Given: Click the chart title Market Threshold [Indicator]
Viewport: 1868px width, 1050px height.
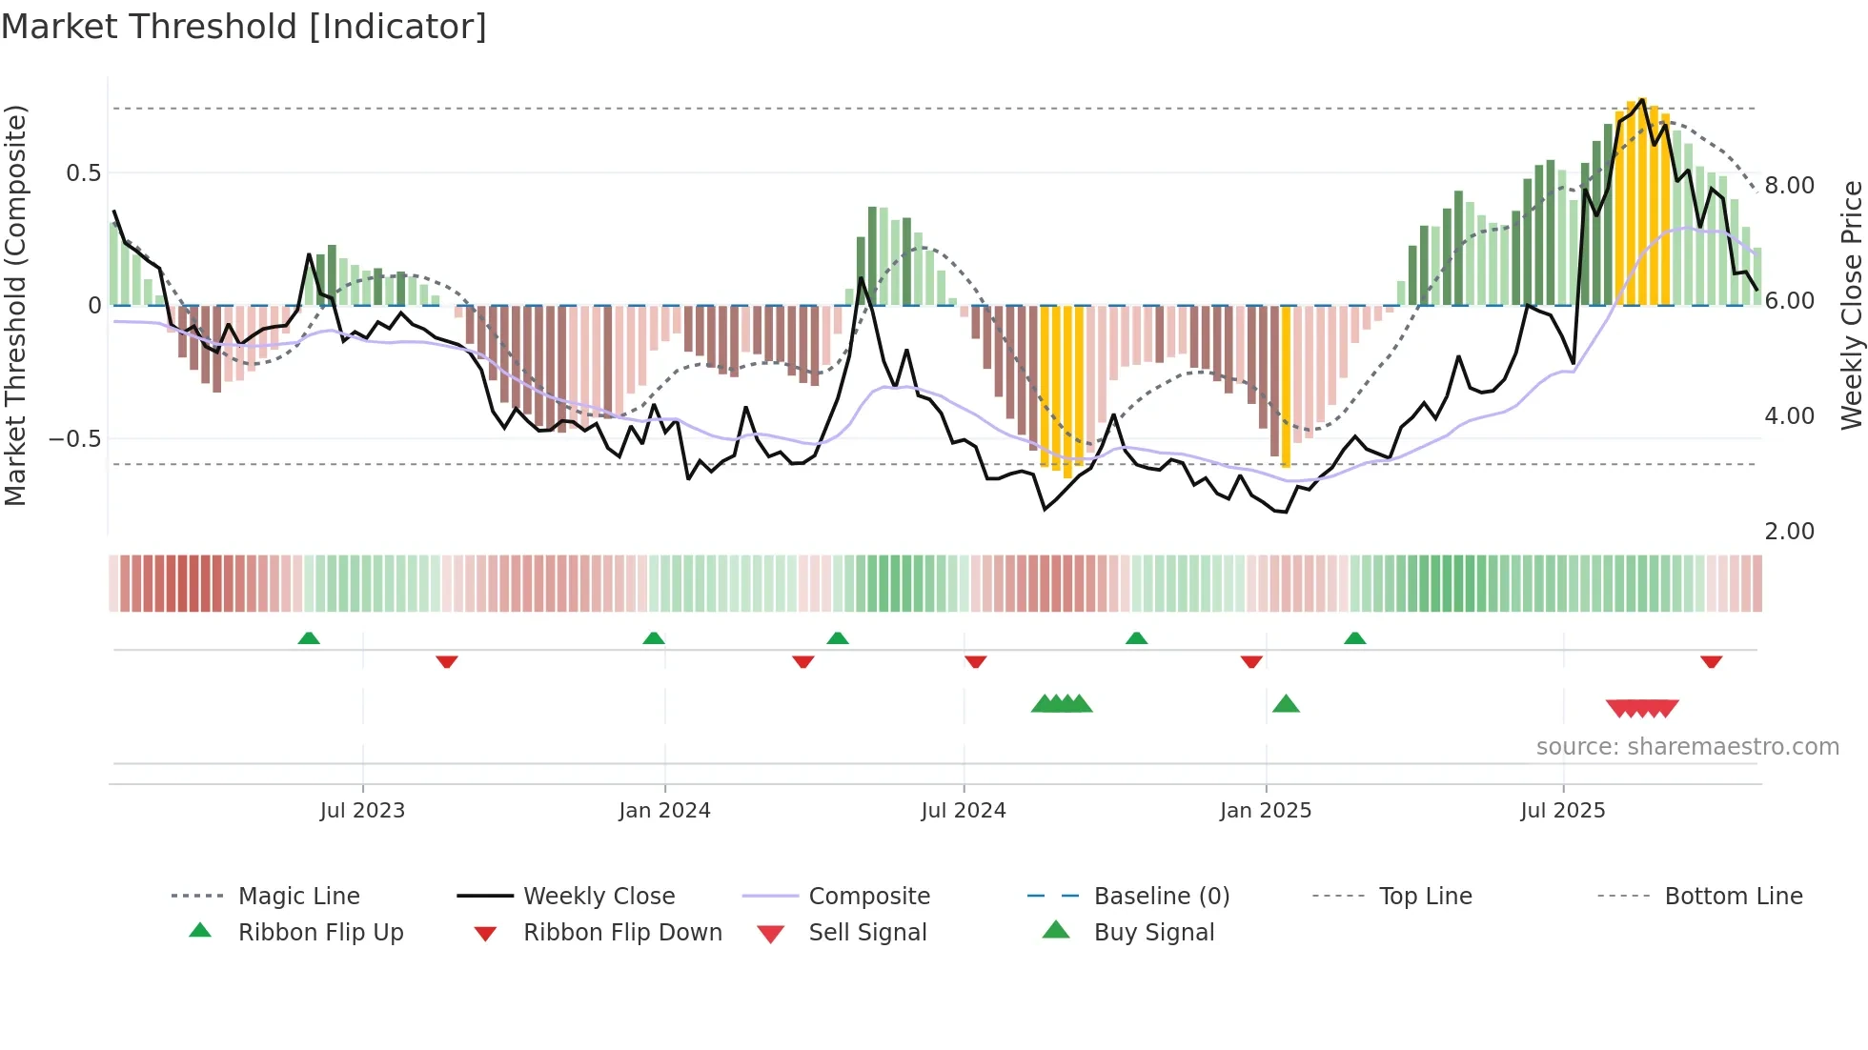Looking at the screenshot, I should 244,27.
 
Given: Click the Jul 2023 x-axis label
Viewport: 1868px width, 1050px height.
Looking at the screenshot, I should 362,811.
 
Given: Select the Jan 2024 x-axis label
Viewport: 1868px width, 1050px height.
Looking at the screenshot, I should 664,811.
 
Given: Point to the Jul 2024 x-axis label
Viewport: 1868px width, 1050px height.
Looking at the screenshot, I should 964,811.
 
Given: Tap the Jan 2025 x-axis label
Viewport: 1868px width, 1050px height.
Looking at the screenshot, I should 1266,811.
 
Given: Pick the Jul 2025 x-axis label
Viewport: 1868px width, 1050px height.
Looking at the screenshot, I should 1563,811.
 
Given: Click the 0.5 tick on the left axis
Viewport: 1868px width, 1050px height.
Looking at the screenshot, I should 84,173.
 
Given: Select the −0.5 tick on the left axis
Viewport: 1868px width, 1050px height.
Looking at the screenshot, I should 76,439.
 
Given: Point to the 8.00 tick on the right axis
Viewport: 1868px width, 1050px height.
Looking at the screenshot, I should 1790,186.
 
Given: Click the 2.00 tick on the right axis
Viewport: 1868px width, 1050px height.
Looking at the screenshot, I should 1790,532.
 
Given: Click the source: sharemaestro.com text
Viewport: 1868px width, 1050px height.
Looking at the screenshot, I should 1687,747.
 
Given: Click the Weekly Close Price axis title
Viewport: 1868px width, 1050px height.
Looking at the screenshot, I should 1851,305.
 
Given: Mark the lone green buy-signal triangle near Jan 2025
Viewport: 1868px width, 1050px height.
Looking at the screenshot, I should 1286,704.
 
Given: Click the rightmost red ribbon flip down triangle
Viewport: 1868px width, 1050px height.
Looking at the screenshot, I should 1711,661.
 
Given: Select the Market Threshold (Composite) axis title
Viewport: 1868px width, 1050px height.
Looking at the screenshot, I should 16,305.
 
